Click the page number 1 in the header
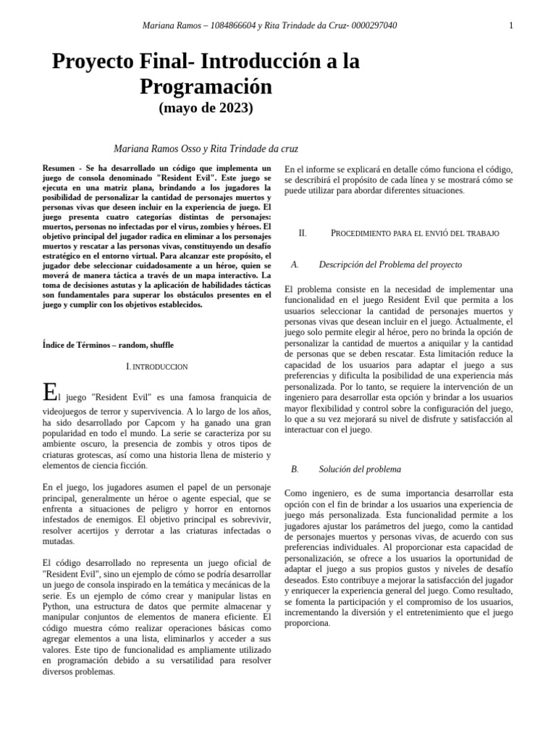pyautogui.click(x=511, y=25)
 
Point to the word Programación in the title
pyautogui.click(x=206, y=87)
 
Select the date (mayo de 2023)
pyautogui.click(x=206, y=109)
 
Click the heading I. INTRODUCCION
pyautogui.click(x=157, y=367)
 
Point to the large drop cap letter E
pyautogui.click(x=49, y=393)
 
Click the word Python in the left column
pyautogui.click(x=56, y=606)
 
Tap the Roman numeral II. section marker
pyautogui.click(x=303, y=233)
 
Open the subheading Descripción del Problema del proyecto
pyautogui.click(x=389, y=265)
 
